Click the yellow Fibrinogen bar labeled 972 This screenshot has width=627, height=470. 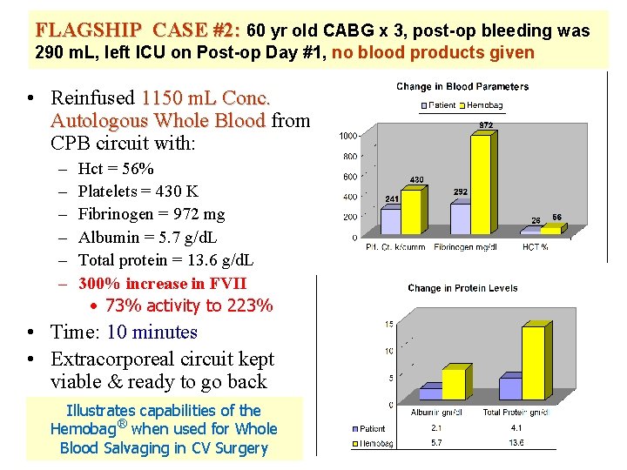click(481, 185)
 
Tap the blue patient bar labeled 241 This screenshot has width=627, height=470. click(391, 221)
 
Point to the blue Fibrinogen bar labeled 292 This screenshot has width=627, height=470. click(460, 218)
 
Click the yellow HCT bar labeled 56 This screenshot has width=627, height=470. click(550, 230)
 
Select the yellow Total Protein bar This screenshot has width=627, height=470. click(532, 363)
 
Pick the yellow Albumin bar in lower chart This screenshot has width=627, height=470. click(453, 384)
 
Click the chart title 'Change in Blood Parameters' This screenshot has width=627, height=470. click(462, 86)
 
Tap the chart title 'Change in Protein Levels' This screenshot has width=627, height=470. click(462, 288)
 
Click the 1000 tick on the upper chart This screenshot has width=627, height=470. click(347, 136)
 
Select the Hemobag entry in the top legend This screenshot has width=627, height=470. click(484, 104)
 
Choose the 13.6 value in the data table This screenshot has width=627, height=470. click(516, 443)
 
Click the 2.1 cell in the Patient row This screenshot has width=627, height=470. click(436, 428)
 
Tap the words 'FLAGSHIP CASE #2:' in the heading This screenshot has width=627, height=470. click(138, 30)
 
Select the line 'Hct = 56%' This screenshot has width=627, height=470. click(116, 169)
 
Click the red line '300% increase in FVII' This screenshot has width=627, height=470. click(162, 284)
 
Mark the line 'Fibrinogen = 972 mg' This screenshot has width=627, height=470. click(152, 214)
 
